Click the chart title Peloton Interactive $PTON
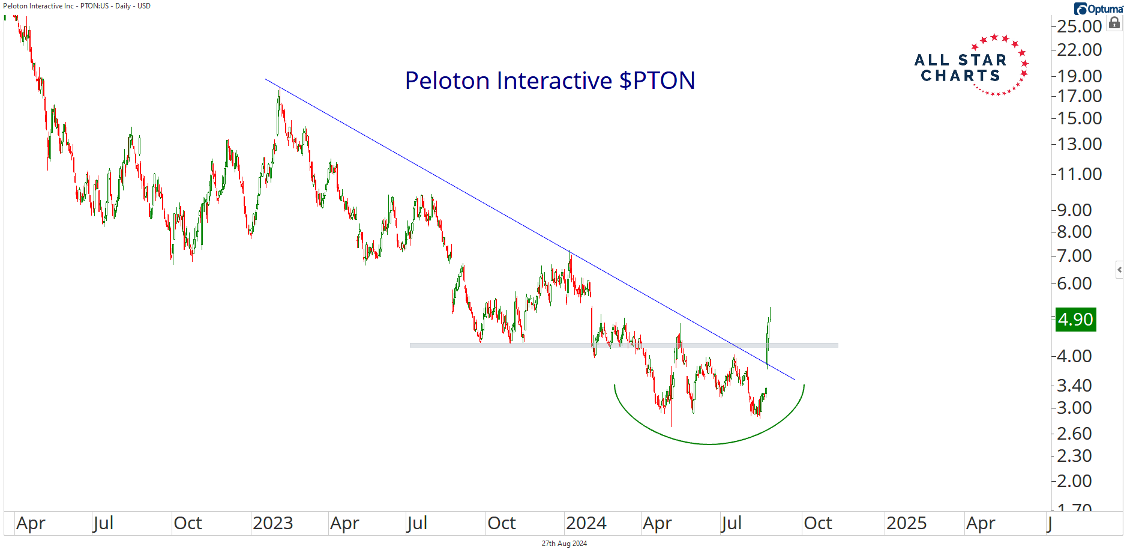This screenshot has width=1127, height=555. coord(550,80)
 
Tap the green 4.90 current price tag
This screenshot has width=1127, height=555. coord(1075,320)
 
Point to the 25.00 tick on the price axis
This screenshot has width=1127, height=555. coord(1079,26)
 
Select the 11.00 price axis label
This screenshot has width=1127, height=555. coord(1079,174)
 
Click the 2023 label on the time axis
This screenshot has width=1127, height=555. coord(272,523)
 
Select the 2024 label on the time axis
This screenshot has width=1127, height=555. coord(586,523)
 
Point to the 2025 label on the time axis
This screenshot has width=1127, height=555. coord(906,523)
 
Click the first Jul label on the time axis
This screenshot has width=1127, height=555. coord(103,523)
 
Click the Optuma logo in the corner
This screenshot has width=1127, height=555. coord(1099,9)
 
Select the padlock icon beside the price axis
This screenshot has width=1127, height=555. coord(1114,23)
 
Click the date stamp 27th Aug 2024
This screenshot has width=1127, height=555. coord(564,544)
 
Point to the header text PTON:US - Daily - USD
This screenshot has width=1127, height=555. coord(115,6)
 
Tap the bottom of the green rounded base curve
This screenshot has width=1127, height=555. coord(709,444)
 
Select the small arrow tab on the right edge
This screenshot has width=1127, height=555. coord(1119,270)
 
